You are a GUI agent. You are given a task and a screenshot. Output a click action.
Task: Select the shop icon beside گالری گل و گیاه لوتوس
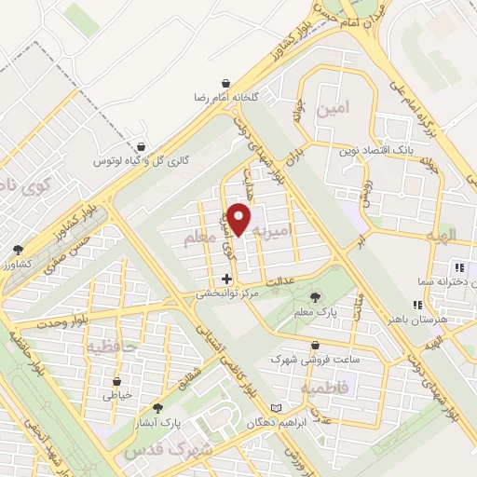click(141, 147)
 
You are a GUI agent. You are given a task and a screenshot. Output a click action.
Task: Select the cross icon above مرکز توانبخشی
click(226, 279)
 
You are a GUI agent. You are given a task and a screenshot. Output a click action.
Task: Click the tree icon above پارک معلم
click(315, 298)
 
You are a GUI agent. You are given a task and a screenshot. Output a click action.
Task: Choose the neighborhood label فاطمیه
click(327, 384)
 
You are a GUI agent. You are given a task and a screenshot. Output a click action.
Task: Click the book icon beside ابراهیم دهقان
click(274, 408)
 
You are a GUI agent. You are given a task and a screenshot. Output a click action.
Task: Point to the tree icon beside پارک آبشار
click(157, 408)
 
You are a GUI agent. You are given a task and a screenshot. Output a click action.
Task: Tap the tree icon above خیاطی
click(116, 381)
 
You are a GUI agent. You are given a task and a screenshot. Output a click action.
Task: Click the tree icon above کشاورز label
click(18, 250)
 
